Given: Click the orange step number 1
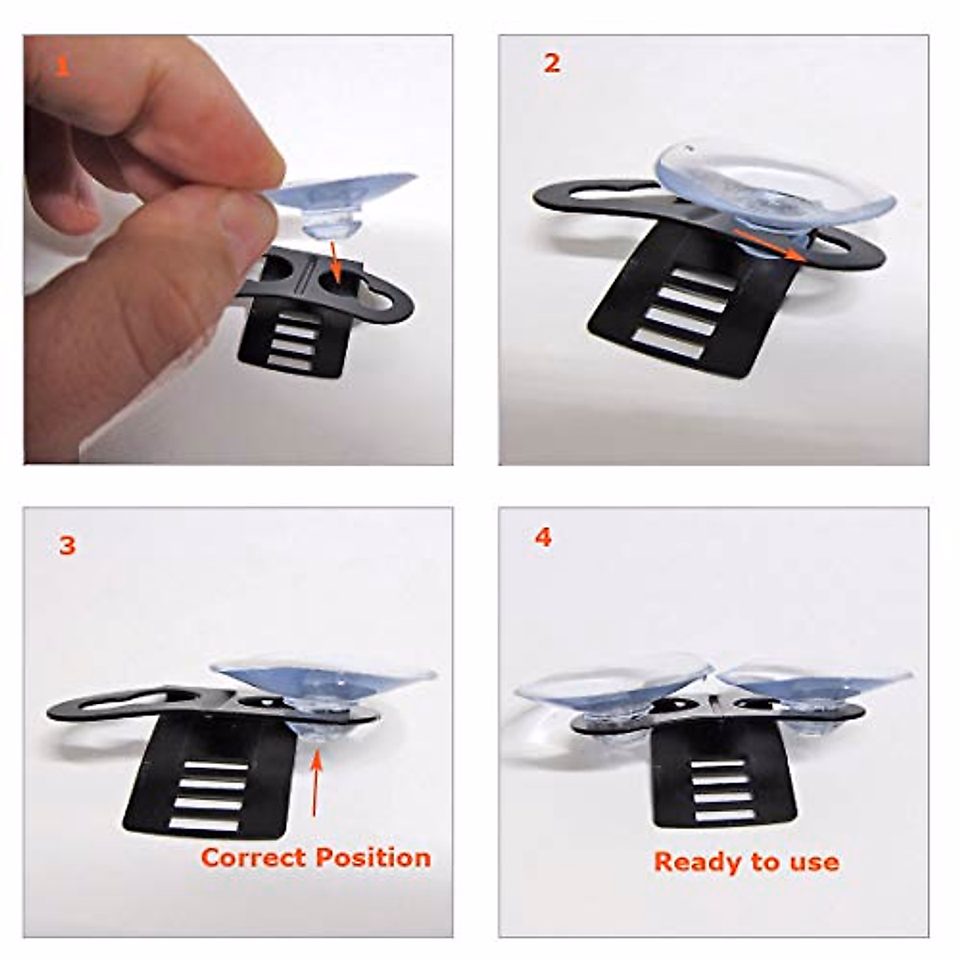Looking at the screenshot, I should click(x=63, y=67).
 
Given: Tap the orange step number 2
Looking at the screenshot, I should click(x=551, y=64).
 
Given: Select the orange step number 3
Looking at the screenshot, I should click(x=67, y=546).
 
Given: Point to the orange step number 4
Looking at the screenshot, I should click(x=543, y=538).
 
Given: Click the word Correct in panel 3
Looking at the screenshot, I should click(x=252, y=858).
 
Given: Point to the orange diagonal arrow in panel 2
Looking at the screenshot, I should click(x=768, y=243).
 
